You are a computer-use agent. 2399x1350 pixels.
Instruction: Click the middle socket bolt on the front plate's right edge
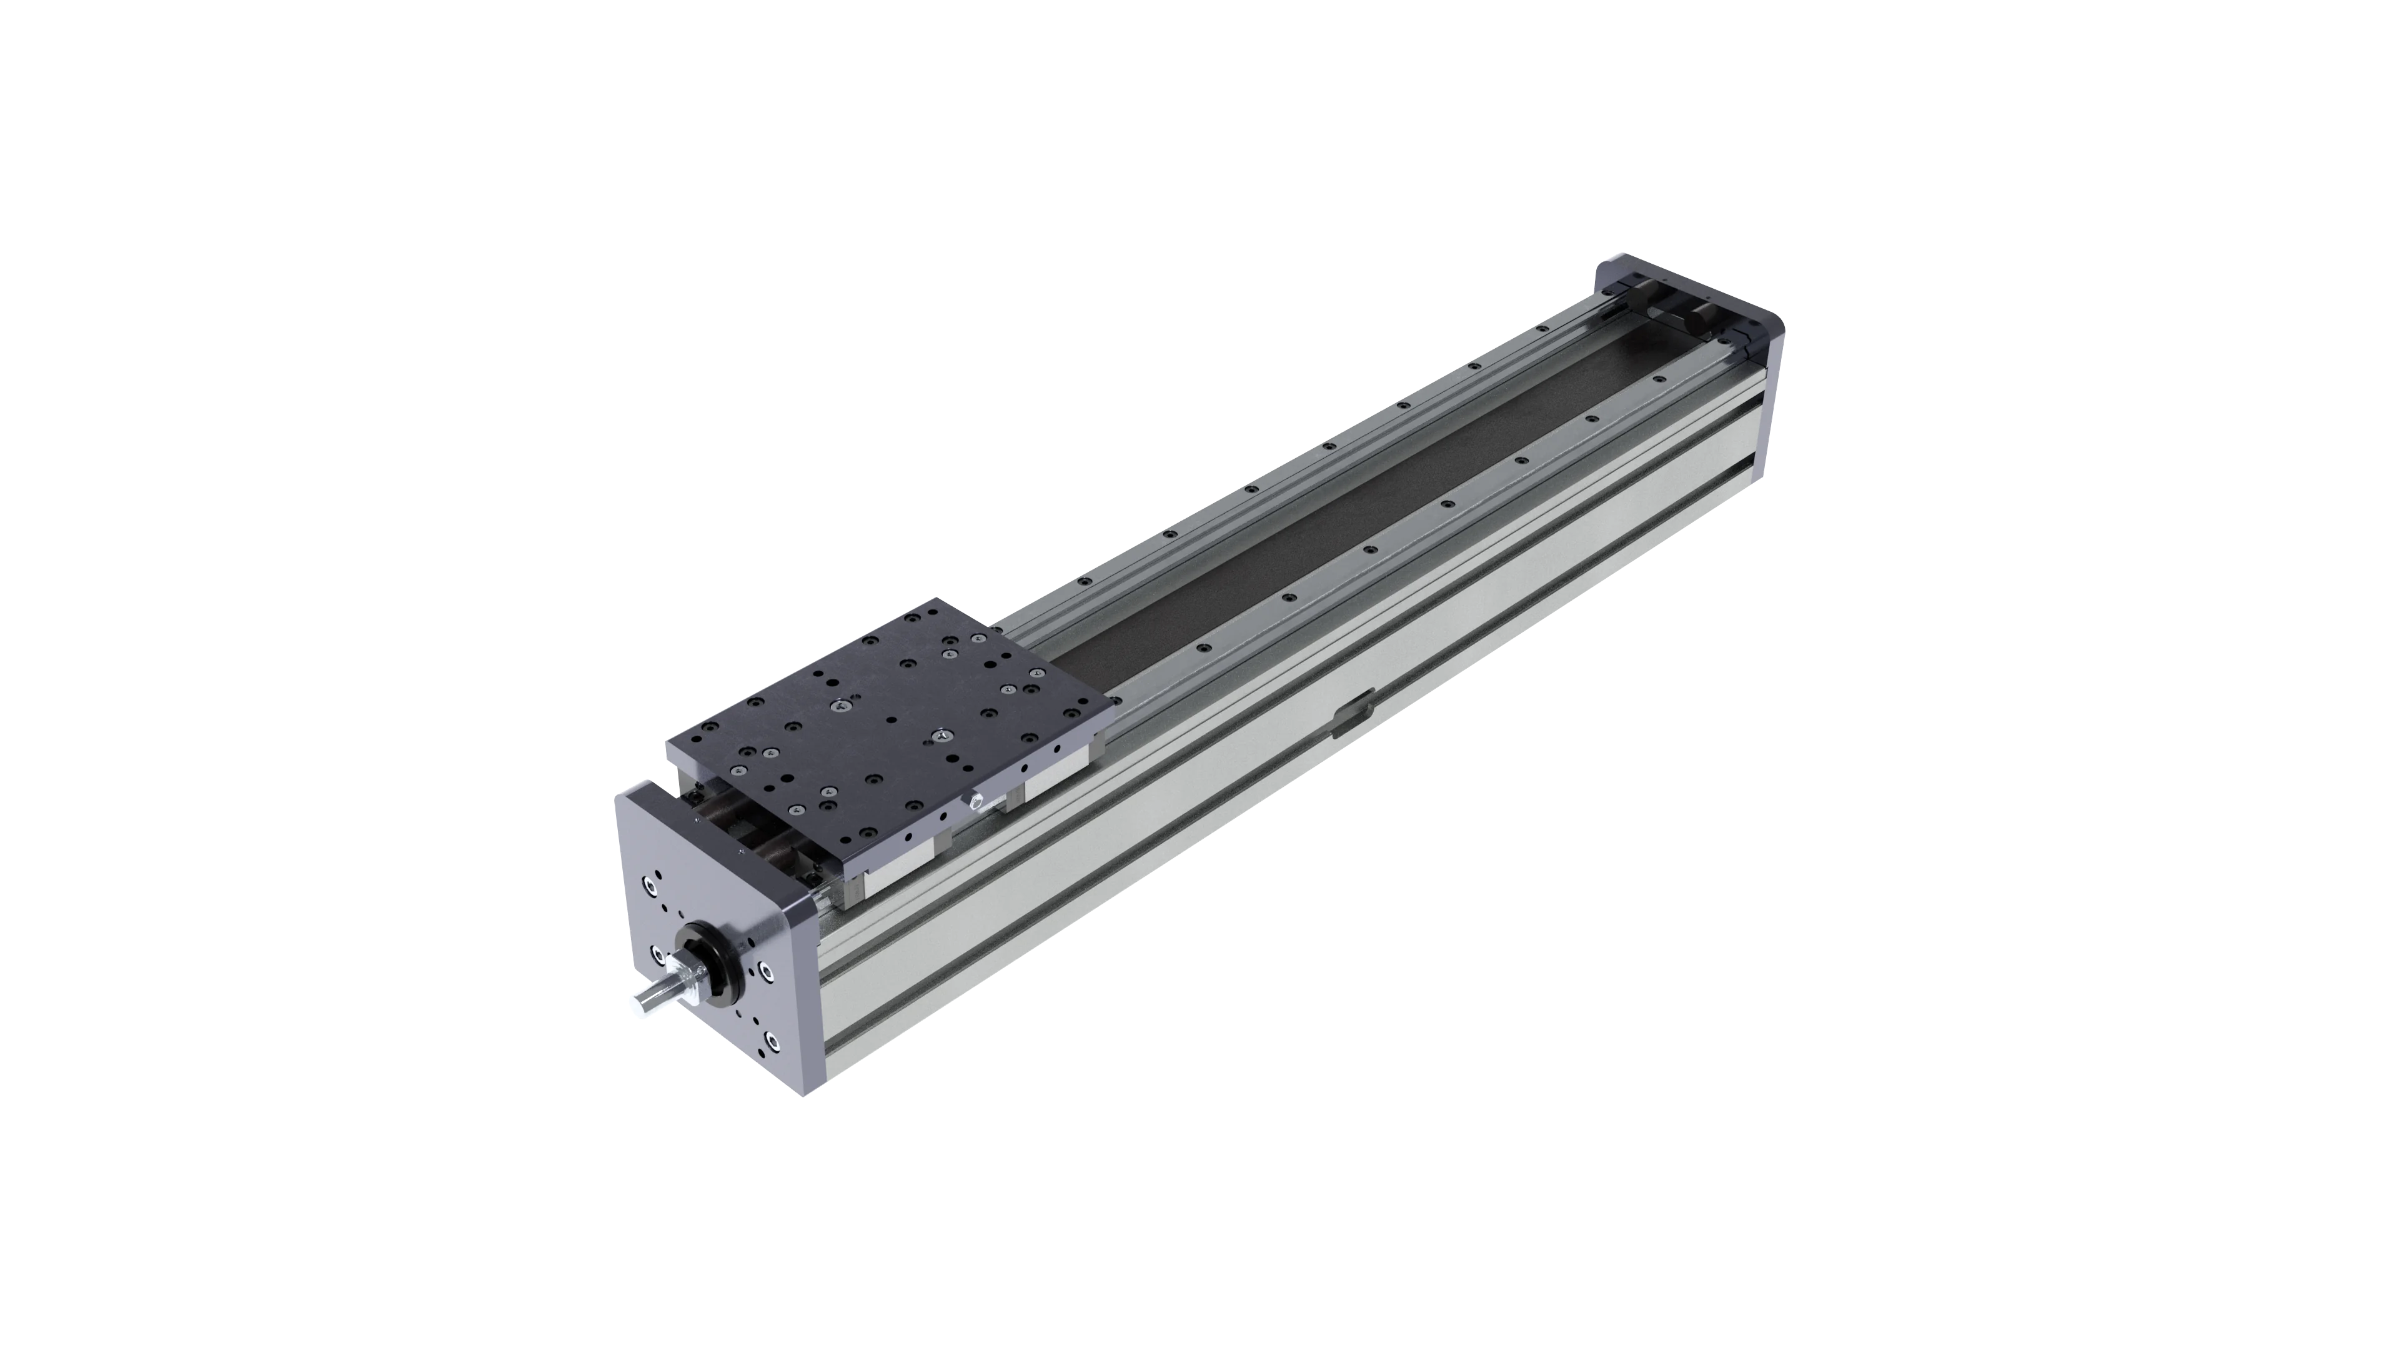[767, 972]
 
